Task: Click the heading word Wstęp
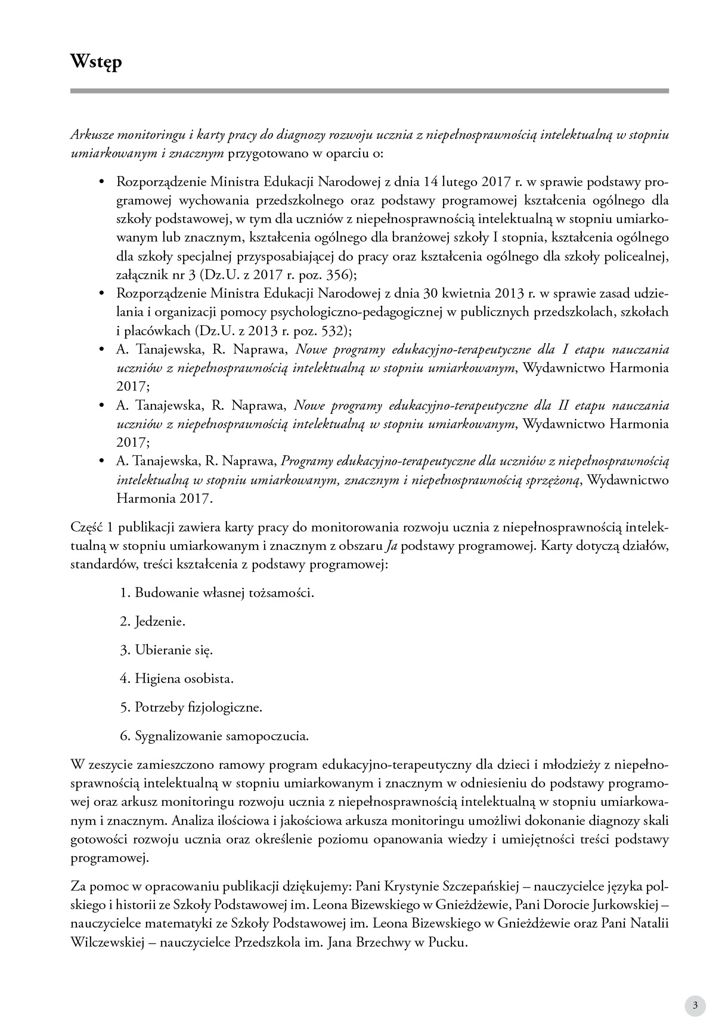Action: coord(96,61)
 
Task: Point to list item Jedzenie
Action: coord(160,622)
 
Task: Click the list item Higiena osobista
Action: coord(184,679)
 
